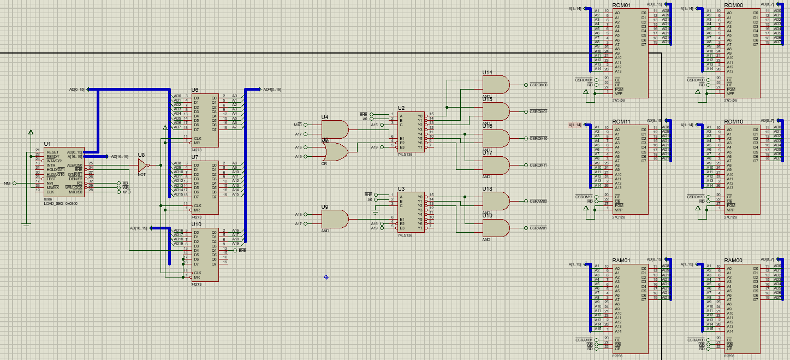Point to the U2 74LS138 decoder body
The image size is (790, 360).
[411, 132]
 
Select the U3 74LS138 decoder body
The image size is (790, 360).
[411, 212]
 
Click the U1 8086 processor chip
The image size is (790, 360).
[64, 172]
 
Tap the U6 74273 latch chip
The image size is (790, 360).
[205, 120]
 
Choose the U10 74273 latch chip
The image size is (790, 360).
[205, 255]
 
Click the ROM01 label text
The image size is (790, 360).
[622, 5]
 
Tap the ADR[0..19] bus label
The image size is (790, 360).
[272, 89]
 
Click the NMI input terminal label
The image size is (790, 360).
[7, 183]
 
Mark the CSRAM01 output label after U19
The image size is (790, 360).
[538, 228]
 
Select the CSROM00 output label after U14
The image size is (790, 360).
[538, 85]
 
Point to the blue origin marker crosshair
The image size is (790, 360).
[326, 277]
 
